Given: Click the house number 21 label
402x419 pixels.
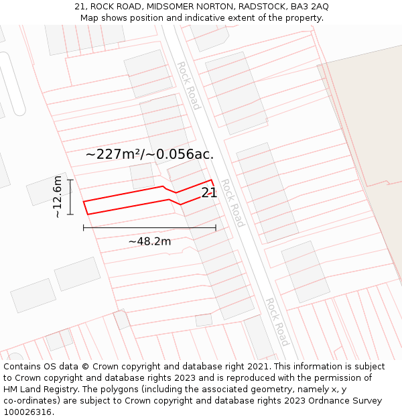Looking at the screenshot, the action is click(209, 192).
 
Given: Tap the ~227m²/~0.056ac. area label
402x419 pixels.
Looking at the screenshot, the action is click(149, 154).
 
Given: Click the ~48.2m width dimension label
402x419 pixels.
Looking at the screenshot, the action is click(149, 241).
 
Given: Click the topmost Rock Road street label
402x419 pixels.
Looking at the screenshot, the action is click(188, 86).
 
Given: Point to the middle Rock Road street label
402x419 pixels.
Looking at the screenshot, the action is click(232, 202).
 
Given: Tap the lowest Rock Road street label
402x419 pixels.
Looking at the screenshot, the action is click(276, 322).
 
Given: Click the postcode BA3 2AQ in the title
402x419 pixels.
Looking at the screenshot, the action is click(309, 7).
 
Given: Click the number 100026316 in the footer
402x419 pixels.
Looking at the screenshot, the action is click(26, 412).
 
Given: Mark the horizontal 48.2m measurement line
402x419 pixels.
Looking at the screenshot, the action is click(149, 228).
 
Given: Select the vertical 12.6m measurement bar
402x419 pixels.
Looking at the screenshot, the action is click(70, 196).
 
